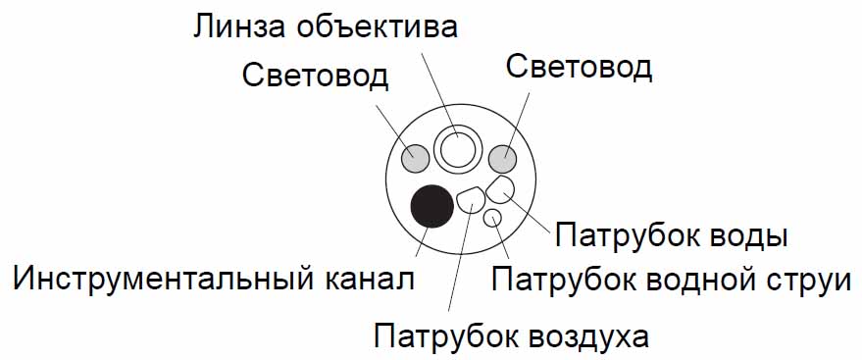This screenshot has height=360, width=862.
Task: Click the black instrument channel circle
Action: pos(432,206)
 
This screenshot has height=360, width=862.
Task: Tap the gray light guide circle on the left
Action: pos(415,158)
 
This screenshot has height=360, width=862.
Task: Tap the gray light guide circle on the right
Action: pos(503,158)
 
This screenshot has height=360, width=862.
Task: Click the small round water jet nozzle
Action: pos(492,219)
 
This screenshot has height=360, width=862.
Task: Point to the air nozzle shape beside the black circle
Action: pos(471,201)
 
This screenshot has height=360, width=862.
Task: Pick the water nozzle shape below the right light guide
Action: pos(500,189)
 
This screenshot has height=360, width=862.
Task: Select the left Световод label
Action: pos(315,77)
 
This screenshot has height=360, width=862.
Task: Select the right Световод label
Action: pos(580,68)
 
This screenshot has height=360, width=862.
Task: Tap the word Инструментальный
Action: pos(160,280)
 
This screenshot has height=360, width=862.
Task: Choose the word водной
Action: pos(696,280)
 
